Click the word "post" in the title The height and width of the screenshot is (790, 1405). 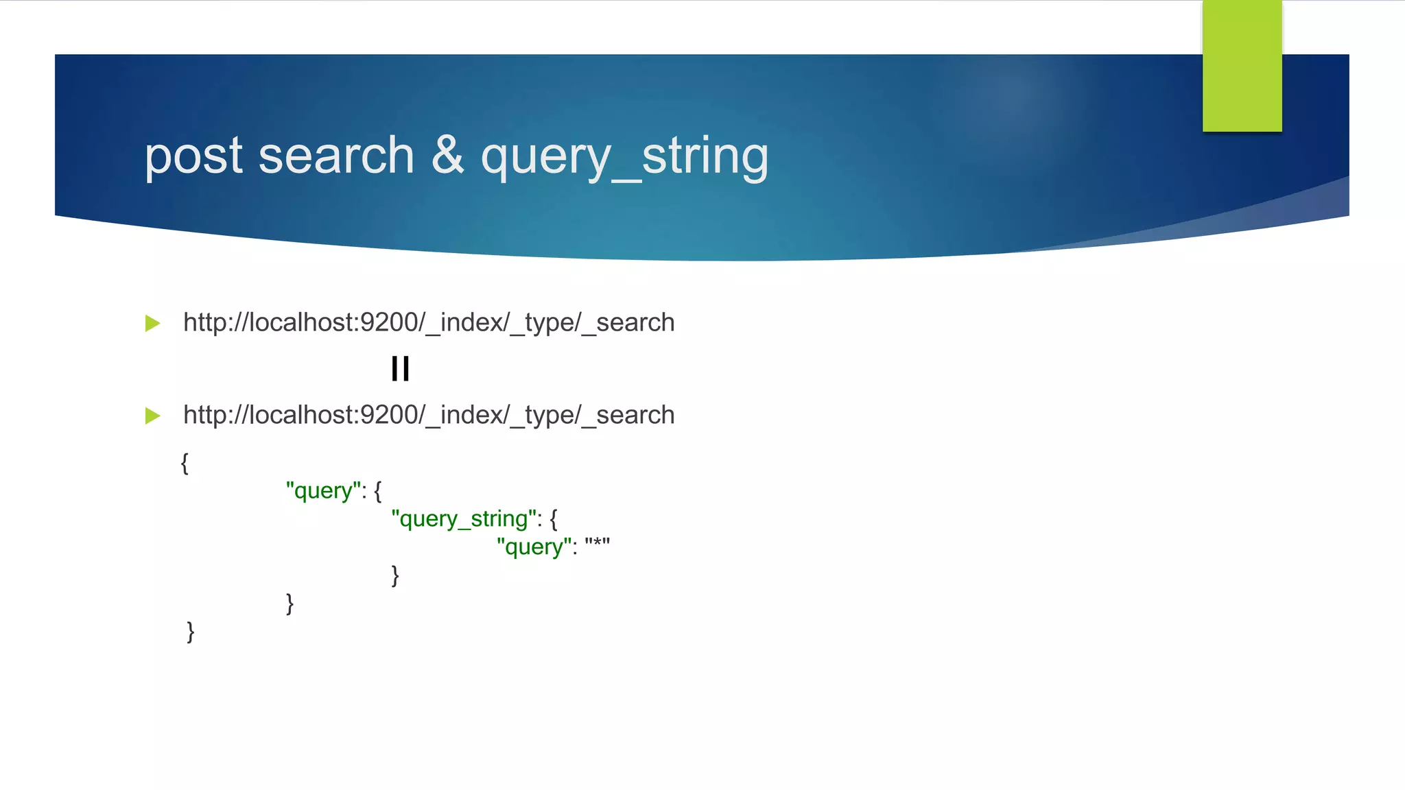coord(193,157)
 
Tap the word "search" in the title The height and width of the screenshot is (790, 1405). coord(336,156)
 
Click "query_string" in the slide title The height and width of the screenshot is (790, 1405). coord(624,157)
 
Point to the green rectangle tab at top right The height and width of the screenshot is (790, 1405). coord(1242,66)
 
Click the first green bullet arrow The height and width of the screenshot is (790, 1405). coord(153,323)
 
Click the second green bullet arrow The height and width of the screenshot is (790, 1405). coord(153,416)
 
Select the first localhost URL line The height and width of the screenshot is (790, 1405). coord(429,322)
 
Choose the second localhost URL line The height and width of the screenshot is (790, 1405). coord(429,415)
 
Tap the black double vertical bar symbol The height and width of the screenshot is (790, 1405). coord(400,369)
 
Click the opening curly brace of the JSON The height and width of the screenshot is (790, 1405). coord(185,463)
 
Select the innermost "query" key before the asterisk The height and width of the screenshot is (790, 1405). coord(534,547)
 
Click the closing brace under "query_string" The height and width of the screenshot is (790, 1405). coord(395,575)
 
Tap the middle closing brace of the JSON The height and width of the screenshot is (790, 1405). coord(290,603)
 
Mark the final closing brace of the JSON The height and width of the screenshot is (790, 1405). coord(190,632)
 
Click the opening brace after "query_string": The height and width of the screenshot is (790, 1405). coord(554,519)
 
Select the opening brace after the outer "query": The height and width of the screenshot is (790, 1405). coord(378,491)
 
